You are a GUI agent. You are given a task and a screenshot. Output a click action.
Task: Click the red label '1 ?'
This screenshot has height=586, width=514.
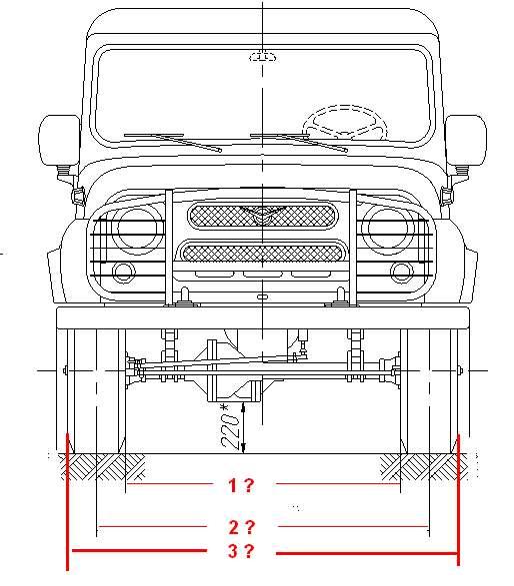[x=241, y=485]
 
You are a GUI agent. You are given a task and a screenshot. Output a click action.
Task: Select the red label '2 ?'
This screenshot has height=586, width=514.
[x=241, y=527]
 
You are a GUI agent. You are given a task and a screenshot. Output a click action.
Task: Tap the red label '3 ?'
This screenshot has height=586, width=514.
[x=241, y=551]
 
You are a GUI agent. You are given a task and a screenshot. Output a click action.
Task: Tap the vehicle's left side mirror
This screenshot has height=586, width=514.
[x=59, y=140]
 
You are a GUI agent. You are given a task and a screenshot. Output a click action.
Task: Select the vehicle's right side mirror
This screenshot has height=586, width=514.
[x=466, y=140]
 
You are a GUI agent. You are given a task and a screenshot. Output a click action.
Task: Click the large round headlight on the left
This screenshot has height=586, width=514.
[x=136, y=229]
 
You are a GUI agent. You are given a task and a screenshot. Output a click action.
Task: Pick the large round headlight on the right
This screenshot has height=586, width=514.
[x=387, y=229]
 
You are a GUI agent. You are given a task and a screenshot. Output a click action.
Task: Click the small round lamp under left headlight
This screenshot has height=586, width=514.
[x=124, y=273]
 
